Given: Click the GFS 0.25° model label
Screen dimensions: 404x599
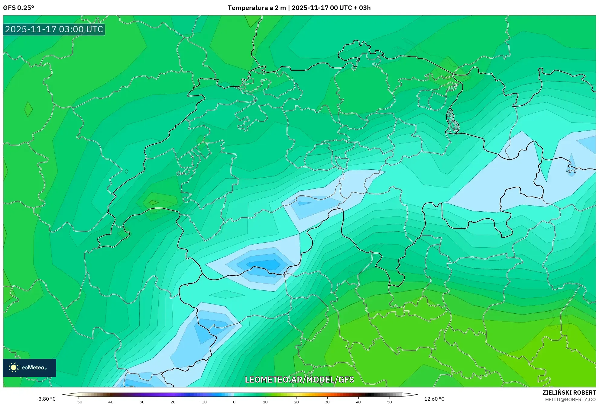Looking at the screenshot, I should [x=18, y=8].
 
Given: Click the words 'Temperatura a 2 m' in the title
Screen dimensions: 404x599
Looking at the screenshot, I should [x=257, y=8].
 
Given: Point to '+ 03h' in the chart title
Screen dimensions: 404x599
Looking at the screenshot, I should [x=362, y=8].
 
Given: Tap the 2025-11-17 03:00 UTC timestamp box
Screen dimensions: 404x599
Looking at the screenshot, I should [x=54, y=29].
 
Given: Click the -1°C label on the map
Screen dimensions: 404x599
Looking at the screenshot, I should [x=571, y=171].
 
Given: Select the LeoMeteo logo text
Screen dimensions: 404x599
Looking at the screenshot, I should [x=32, y=367].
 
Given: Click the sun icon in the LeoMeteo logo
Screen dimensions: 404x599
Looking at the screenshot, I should [x=13, y=367].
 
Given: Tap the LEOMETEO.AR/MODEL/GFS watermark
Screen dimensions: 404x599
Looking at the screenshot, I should [x=299, y=380].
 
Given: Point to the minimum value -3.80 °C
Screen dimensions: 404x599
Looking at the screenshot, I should [x=46, y=399].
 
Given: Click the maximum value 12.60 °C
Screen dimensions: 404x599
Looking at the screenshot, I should [x=434, y=399].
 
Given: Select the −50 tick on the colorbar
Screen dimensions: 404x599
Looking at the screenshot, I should [x=79, y=402].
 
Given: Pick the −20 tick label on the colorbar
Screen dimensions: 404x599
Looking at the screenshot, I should [x=172, y=402].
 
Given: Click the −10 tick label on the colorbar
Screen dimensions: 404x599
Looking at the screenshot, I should [x=203, y=402].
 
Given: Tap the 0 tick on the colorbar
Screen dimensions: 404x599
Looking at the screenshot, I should [x=234, y=402].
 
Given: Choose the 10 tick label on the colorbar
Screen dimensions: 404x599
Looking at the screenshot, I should [x=265, y=402].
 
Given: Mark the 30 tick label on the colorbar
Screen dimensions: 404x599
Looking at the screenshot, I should [x=327, y=402].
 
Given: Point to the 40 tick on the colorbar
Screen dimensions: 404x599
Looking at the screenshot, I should [x=358, y=402].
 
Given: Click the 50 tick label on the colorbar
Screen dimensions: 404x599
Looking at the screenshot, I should [x=390, y=402].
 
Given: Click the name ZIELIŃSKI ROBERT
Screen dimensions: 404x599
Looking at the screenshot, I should [x=569, y=393].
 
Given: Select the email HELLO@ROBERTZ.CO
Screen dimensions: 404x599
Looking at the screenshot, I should [x=570, y=399].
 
